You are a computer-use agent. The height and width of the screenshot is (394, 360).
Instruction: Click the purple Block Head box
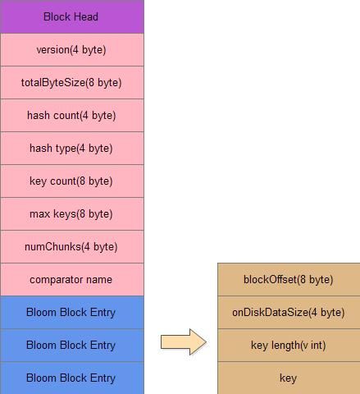(x=72, y=16)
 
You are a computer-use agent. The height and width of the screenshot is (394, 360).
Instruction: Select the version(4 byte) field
(x=72, y=49)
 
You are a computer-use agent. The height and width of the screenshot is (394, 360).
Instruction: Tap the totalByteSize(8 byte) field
(x=72, y=82)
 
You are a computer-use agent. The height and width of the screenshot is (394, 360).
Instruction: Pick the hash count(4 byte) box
(x=72, y=115)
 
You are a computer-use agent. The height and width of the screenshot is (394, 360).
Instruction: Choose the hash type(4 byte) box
(x=72, y=148)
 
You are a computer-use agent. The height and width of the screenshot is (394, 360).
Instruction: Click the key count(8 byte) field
(x=72, y=181)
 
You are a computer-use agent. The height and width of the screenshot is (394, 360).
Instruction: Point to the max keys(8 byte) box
(x=72, y=213)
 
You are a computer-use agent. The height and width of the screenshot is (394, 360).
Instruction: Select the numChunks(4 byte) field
(x=72, y=246)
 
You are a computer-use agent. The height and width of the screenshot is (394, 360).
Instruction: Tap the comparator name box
(x=72, y=279)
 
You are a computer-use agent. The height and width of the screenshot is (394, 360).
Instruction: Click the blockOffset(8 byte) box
(x=289, y=279)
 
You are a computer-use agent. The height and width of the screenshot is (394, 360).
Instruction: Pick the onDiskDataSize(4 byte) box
(x=289, y=312)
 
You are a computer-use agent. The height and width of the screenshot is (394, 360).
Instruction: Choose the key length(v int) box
(x=289, y=345)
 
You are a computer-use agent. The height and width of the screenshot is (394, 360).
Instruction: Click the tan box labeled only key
(x=289, y=378)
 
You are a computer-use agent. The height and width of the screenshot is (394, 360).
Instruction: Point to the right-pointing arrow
(x=184, y=342)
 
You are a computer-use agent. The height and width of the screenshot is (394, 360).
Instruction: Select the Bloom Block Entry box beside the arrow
(x=72, y=345)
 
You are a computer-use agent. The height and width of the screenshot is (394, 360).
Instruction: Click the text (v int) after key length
(x=313, y=346)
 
